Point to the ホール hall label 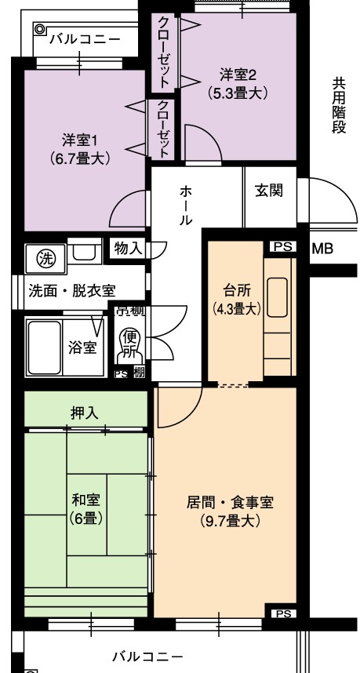(186, 206)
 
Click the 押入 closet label (85, 413)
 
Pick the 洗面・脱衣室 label (71, 289)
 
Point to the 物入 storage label (128, 249)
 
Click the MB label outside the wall (322, 249)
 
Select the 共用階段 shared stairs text (339, 105)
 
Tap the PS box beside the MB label (283, 246)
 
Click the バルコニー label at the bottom (147, 656)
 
